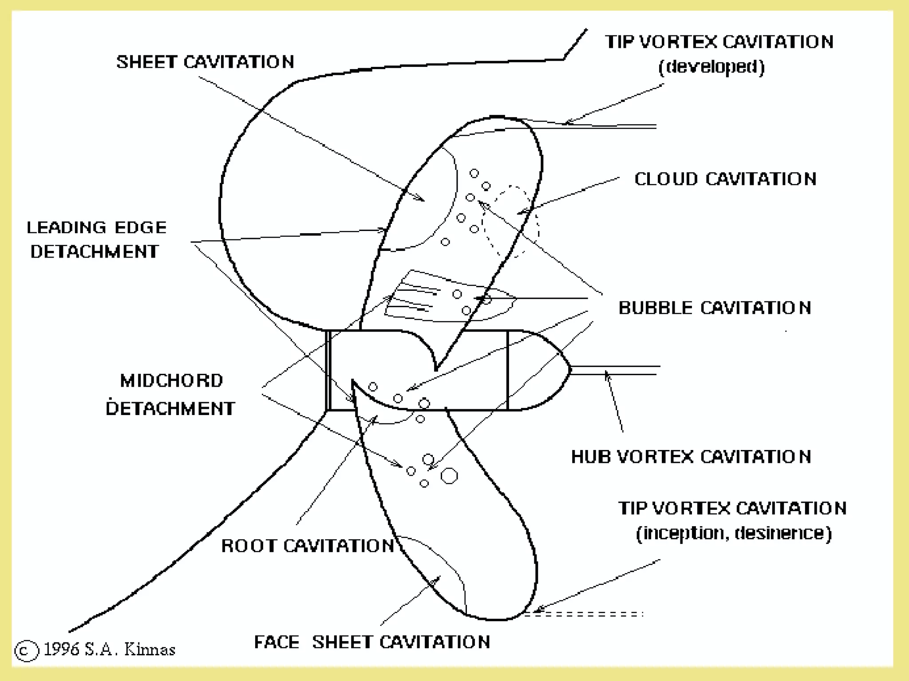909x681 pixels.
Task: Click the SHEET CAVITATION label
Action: [x=205, y=62]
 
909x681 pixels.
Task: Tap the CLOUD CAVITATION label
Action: [x=725, y=179]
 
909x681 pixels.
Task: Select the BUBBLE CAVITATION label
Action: [x=715, y=308]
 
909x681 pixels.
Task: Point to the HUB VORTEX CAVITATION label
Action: [x=691, y=457]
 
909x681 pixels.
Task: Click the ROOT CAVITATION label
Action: [x=308, y=546]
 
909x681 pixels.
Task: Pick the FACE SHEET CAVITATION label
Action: [x=372, y=642]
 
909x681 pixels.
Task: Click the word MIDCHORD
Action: [x=172, y=381]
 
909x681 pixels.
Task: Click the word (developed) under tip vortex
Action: [x=711, y=67]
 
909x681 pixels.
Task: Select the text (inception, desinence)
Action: [x=734, y=533]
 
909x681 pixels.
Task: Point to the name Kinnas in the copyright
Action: [x=150, y=650]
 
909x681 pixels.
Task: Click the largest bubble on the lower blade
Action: [x=449, y=476]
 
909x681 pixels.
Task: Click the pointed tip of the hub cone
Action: [x=569, y=369]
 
